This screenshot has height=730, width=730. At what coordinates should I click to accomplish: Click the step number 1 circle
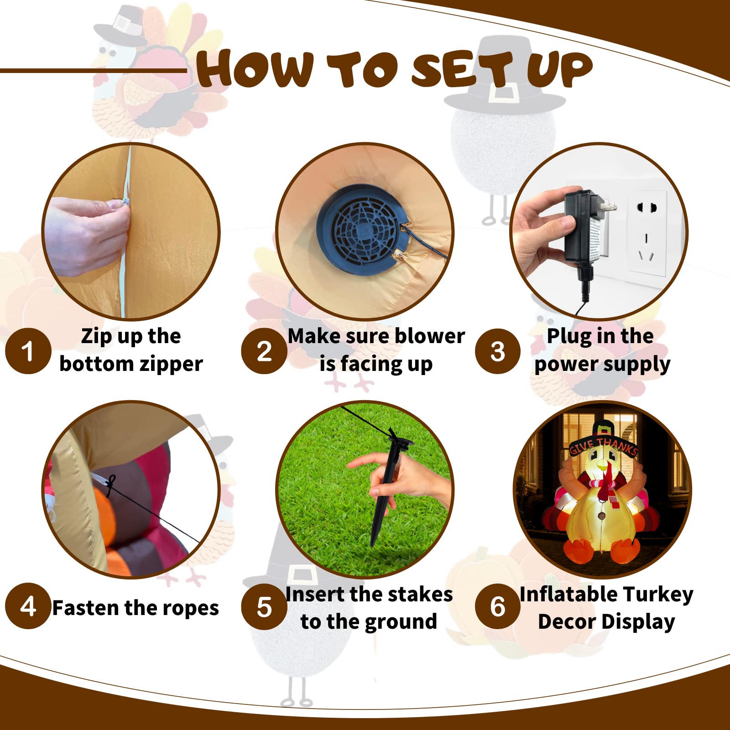click(x=28, y=351)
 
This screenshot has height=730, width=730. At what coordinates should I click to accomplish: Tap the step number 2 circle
click(x=264, y=351)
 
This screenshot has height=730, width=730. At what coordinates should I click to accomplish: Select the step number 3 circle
click(x=497, y=351)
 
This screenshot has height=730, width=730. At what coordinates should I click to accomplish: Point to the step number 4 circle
click(x=28, y=606)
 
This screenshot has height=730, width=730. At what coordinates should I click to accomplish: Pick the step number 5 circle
click(x=264, y=607)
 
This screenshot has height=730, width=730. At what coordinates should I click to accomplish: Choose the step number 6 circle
click(x=497, y=606)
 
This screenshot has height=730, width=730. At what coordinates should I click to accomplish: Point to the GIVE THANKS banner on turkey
click(x=603, y=445)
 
